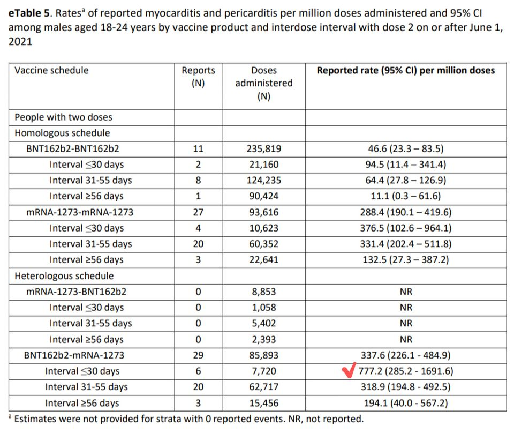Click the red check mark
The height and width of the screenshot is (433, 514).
point(349,370)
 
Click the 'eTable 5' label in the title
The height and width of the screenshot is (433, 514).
point(29,13)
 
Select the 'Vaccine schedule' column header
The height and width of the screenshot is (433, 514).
point(51,70)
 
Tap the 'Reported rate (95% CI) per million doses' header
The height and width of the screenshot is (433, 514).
point(406,70)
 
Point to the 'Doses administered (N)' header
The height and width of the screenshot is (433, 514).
point(264,83)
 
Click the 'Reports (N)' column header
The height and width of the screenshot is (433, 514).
point(198,77)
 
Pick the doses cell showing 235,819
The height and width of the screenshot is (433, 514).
point(264,148)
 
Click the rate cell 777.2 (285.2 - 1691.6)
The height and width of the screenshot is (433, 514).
point(406,371)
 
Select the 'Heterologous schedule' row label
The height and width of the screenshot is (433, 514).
point(64,276)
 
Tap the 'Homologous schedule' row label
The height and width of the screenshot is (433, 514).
point(62,133)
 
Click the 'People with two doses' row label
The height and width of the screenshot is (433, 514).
point(63,117)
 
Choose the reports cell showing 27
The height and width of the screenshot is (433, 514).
point(198,212)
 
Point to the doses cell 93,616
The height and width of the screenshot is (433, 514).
point(264,212)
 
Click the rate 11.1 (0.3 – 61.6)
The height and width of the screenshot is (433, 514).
point(406,196)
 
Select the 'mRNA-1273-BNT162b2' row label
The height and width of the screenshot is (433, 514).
point(76,292)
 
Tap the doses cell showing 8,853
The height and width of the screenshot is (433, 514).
point(264,292)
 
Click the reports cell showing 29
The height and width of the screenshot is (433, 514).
point(198,355)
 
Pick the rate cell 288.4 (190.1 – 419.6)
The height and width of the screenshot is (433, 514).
point(406,212)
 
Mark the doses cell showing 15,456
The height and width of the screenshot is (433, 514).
point(264,403)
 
